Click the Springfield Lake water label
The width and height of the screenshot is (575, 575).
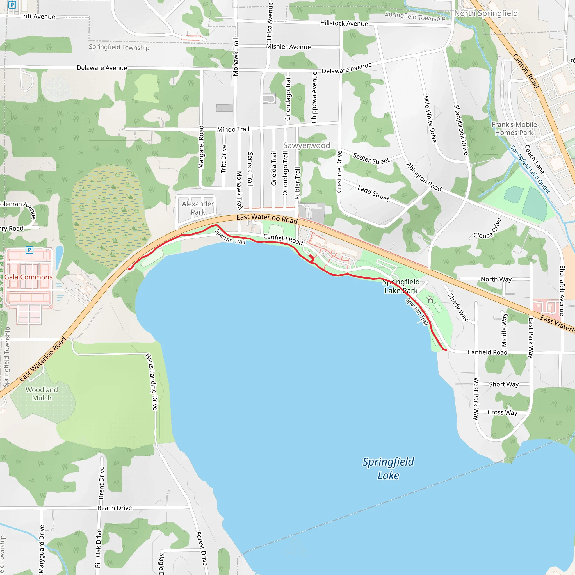click(388, 469)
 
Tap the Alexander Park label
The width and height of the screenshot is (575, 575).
click(198, 208)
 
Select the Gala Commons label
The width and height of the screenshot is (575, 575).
click(28, 277)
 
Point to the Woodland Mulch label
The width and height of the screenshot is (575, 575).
click(42, 394)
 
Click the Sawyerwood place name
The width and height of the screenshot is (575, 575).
click(307, 145)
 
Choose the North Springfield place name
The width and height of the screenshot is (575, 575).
click(486, 13)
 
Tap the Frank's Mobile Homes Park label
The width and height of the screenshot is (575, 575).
click(514, 129)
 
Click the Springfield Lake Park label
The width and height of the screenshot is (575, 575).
click(401, 286)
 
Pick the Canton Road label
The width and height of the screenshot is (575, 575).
click(526, 71)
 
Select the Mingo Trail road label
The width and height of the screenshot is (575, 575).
click(233, 129)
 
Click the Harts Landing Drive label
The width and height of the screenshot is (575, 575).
click(152, 382)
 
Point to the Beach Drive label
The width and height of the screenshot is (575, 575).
click(115, 508)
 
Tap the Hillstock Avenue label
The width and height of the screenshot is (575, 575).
click(344, 23)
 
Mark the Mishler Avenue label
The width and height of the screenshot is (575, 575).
click(288, 47)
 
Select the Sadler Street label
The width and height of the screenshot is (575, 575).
click(371, 159)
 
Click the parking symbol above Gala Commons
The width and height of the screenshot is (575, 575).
click(29, 250)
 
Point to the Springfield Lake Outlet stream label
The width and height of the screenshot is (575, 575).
click(530, 169)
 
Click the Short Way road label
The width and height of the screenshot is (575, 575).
click(504, 384)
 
